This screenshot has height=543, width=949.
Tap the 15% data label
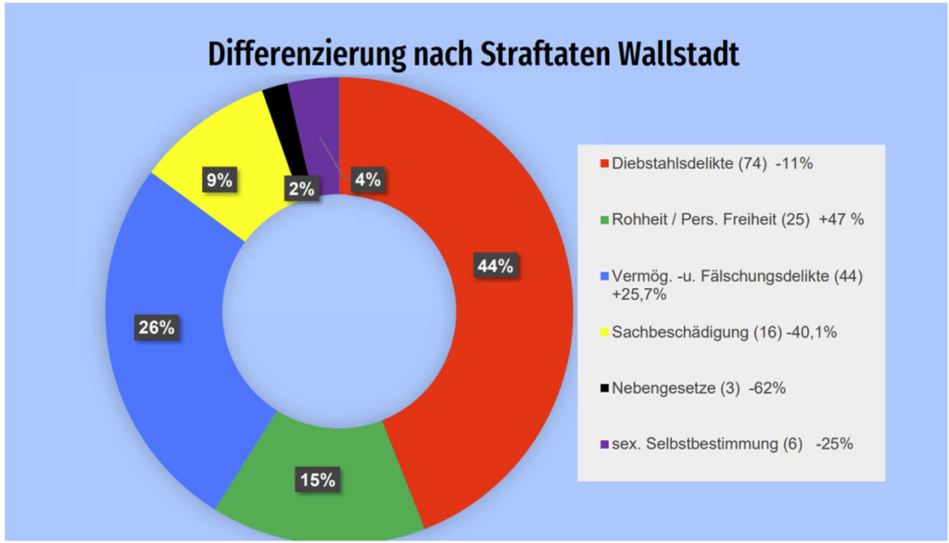point(317,479)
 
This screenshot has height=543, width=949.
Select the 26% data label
point(157,328)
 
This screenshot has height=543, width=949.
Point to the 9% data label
point(219,180)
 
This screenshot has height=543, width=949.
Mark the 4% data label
point(367,180)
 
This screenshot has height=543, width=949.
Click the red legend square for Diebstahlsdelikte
point(604,165)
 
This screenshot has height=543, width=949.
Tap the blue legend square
point(604,276)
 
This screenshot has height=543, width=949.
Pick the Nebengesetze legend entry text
point(675,388)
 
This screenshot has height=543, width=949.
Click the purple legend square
point(604,444)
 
